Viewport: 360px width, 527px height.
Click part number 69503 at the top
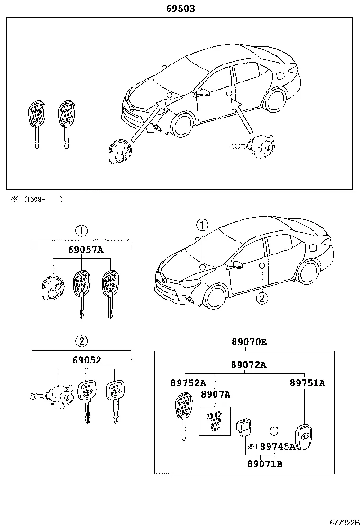click(x=180, y=9)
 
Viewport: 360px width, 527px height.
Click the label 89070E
click(x=245, y=342)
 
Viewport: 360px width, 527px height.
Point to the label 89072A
click(x=245, y=364)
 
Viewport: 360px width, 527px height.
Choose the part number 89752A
click(x=188, y=383)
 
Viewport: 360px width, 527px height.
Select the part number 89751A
click(x=307, y=383)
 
